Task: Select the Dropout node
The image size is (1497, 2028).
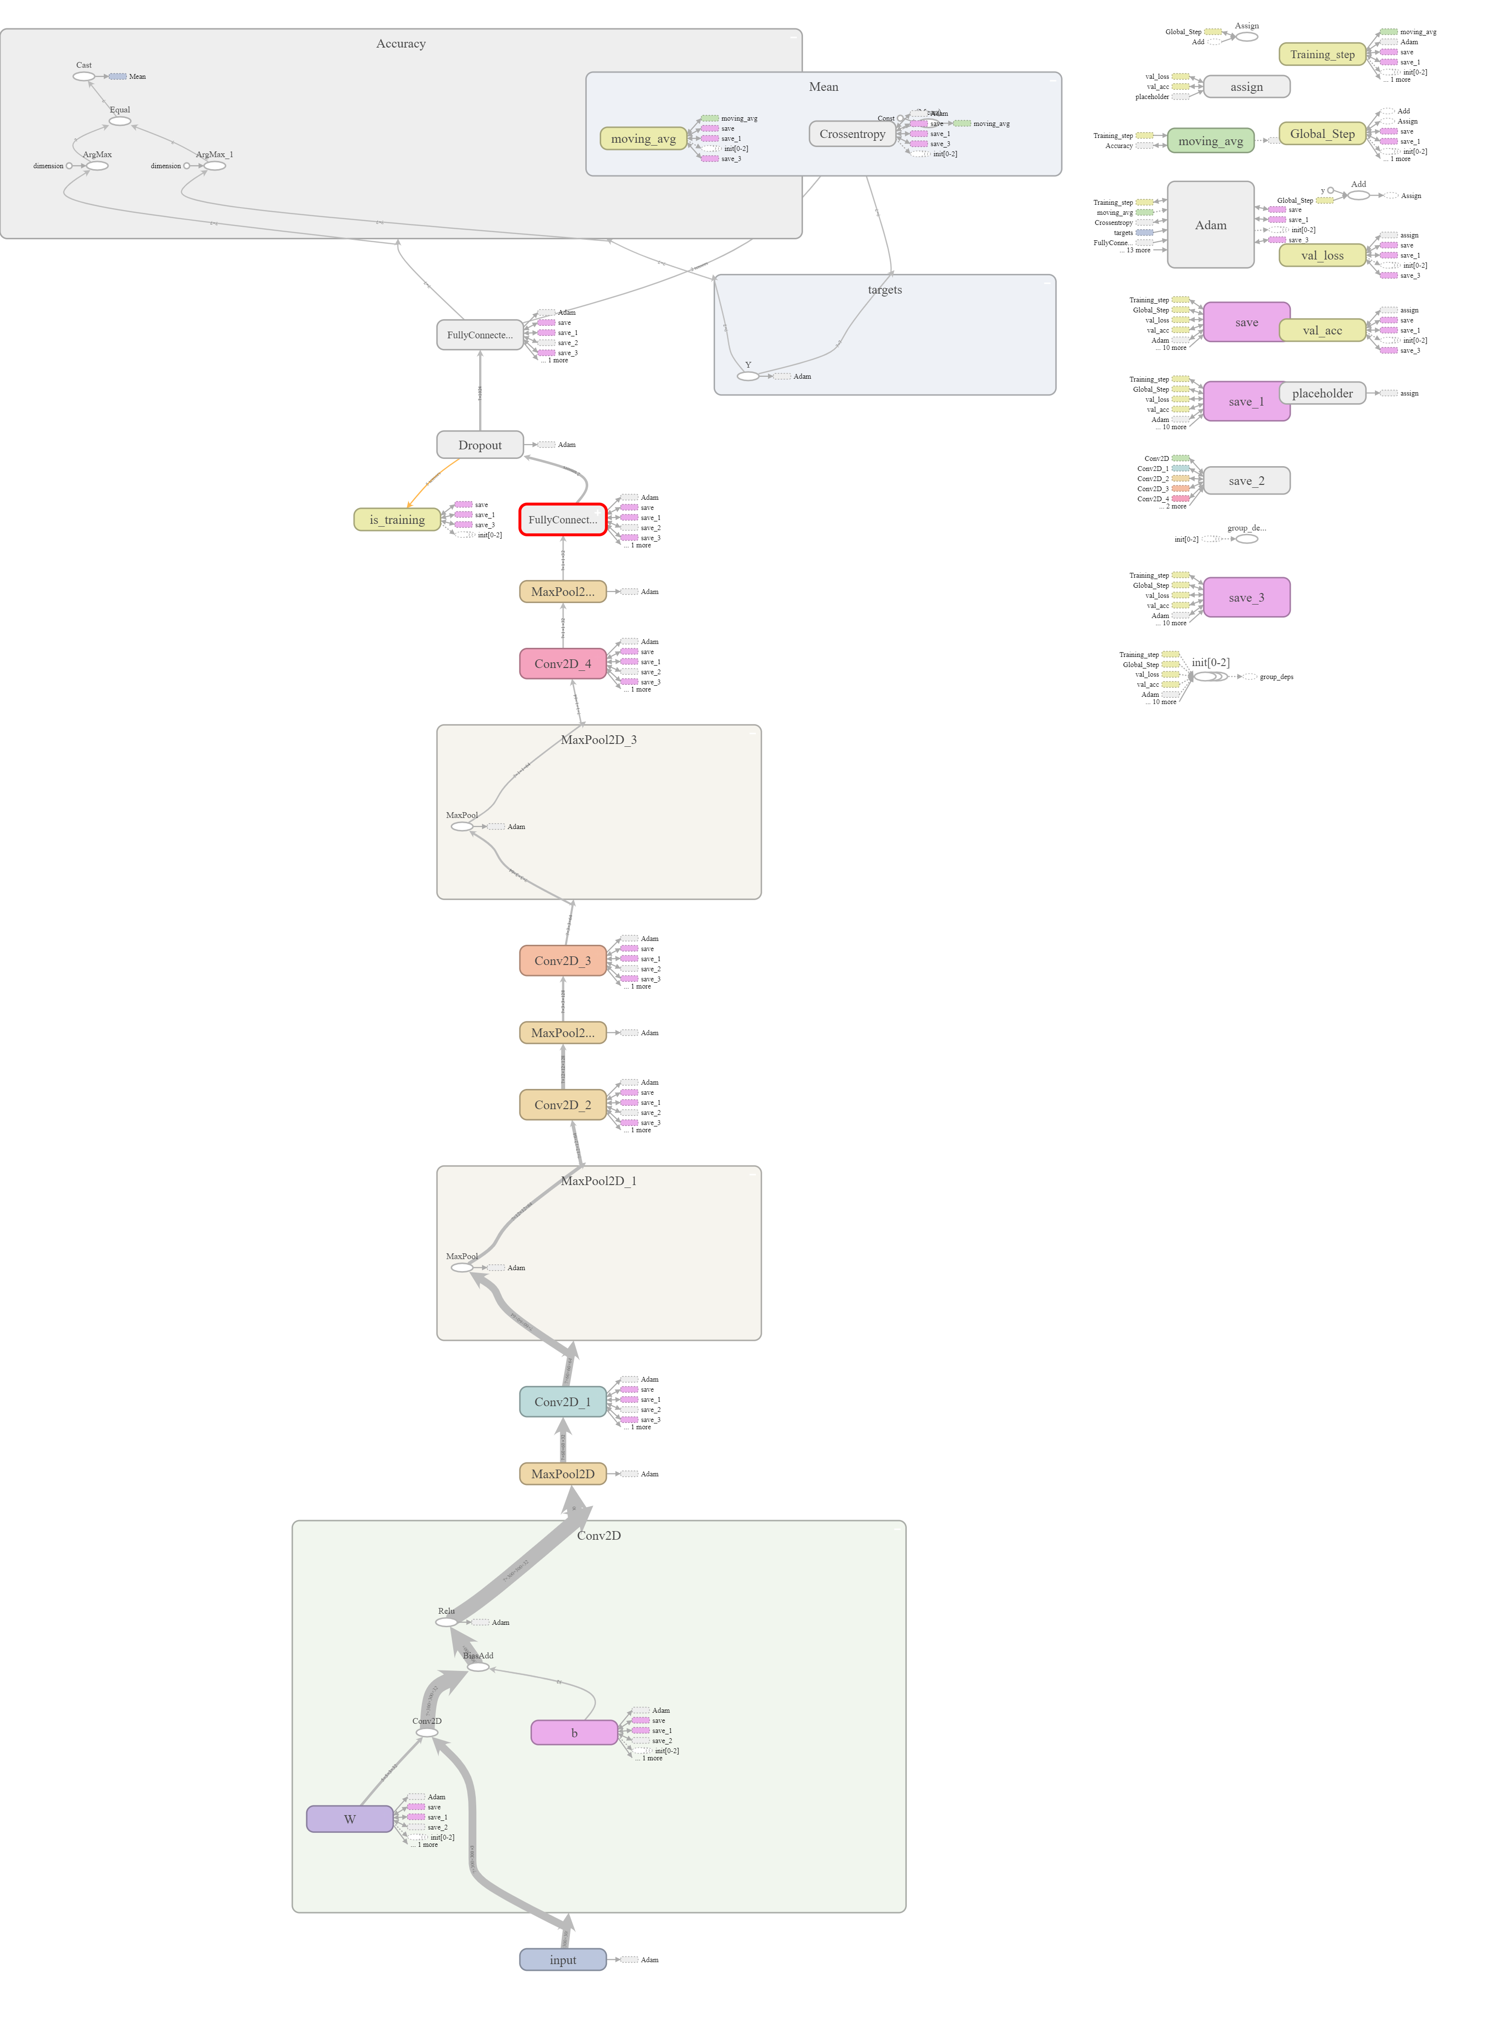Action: pyautogui.click(x=479, y=445)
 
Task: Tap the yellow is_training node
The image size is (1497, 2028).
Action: pyautogui.click(x=397, y=519)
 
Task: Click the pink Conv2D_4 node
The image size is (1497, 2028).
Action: pyautogui.click(x=563, y=663)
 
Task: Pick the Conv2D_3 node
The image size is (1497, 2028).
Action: pyautogui.click(x=563, y=961)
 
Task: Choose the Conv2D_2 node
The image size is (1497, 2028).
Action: pyautogui.click(x=563, y=1105)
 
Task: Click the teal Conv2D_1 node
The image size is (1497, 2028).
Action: pyautogui.click(x=563, y=1402)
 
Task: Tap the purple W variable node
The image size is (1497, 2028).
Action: pyautogui.click(x=350, y=1818)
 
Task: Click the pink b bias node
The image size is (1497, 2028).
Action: pyautogui.click(x=574, y=1732)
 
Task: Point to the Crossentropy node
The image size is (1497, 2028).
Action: pyautogui.click(x=852, y=134)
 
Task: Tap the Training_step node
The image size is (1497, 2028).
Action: pyautogui.click(x=1322, y=54)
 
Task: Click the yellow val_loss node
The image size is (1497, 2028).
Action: pyautogui.click(x=1322, y=256)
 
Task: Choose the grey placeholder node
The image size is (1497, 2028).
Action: pyautogui.click(x=1322, y=393)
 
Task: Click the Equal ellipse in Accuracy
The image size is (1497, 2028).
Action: pyautogui.click(x=120, y=121)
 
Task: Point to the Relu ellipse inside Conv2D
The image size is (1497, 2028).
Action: pyautogui.click(x=446, y=1622)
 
